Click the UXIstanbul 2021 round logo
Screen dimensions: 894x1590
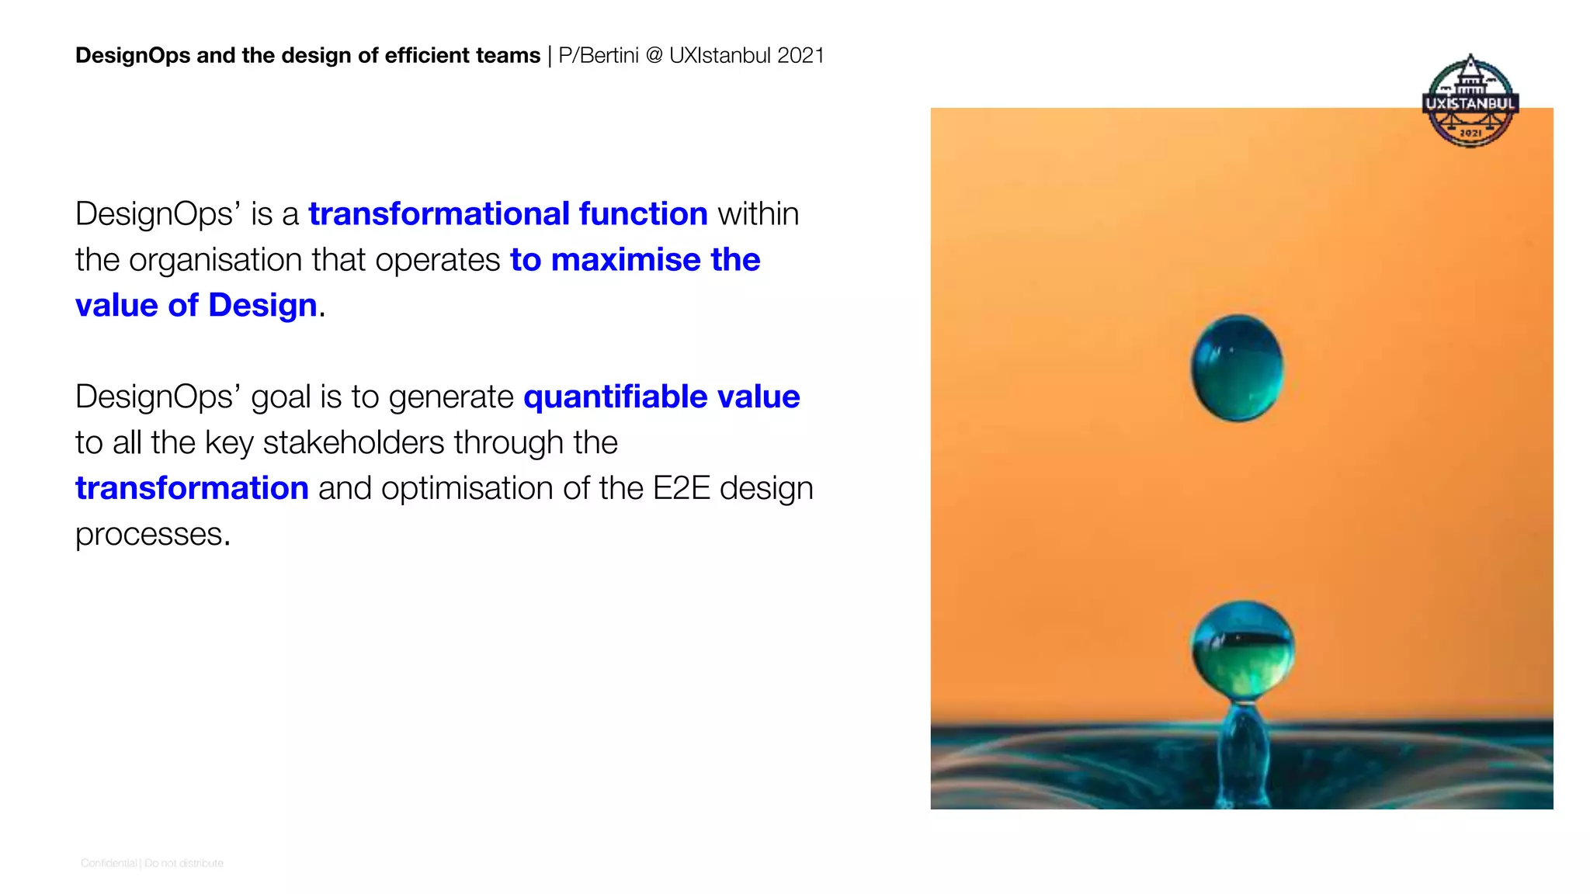1470,101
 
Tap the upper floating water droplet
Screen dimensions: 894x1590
1237,368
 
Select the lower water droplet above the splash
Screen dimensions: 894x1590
1243,650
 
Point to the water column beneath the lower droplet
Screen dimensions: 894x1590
1245,750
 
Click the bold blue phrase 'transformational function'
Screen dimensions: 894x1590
508,214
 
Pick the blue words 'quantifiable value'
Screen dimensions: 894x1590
661,397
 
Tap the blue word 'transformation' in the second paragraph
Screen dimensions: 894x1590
192,488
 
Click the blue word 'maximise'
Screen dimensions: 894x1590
626,260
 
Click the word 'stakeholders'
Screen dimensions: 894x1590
354,442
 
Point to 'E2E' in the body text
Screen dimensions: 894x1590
682,488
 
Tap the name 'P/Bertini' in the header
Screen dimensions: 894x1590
598,56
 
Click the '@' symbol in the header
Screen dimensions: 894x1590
654,56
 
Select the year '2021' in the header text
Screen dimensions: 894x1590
800,56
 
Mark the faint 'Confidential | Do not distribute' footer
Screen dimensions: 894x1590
152,863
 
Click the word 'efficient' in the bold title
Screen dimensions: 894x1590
418,56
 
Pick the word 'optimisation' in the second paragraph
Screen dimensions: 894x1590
467,488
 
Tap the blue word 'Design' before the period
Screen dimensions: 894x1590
262,306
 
